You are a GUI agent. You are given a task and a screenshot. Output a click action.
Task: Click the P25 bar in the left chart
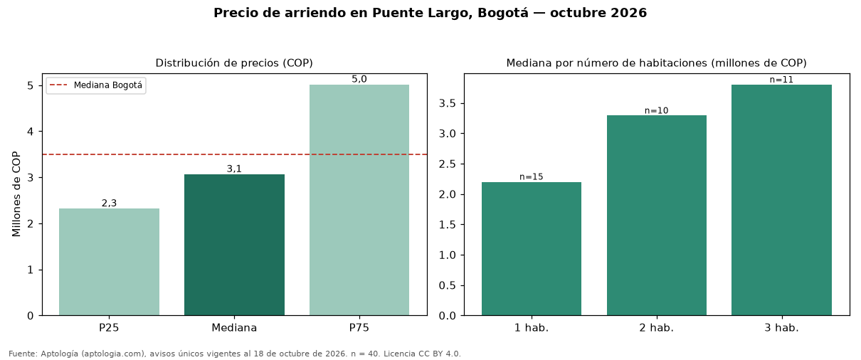[109, 262]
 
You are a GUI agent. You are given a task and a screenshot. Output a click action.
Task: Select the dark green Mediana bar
[235, 245]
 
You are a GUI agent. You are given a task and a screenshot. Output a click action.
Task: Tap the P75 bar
[359, 200]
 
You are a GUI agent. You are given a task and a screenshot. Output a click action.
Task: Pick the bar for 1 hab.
[532, 249]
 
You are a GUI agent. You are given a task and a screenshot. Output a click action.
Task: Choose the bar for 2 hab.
[657, 216]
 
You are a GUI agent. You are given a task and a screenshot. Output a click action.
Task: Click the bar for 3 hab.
[781, 200]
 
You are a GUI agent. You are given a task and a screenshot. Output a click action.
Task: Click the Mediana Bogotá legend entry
[96, 85]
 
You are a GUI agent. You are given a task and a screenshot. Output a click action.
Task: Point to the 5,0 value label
[359, 79]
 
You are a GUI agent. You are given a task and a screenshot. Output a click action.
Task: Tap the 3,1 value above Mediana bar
[234, 169]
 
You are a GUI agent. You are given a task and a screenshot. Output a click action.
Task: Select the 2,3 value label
[109, 203]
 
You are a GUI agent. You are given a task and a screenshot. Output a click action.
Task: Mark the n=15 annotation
[532, 176]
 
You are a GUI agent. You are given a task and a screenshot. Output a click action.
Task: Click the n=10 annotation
[657, 111]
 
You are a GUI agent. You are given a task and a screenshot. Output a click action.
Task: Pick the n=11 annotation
[781, 80]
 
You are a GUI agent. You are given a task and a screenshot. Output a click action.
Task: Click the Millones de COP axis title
[16, 194]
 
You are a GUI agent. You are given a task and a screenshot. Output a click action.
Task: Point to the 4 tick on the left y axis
[30, 132]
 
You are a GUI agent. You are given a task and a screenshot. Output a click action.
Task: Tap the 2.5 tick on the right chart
[447, 164]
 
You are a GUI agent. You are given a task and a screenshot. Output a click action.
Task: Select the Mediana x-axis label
[234, 328]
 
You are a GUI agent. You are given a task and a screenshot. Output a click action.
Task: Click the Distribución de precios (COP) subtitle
[234, 63]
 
